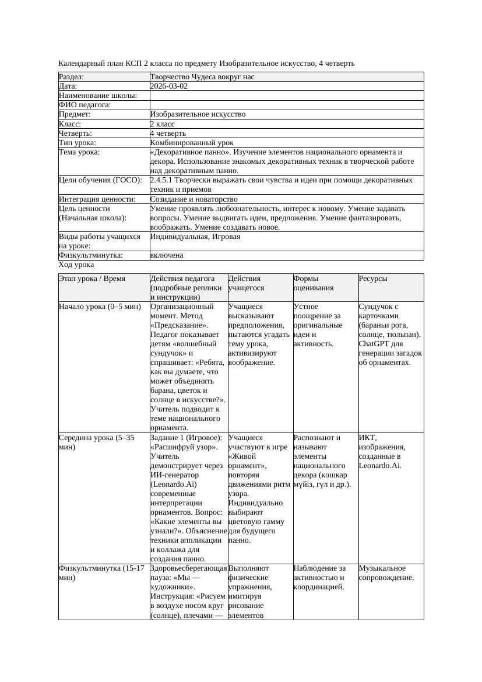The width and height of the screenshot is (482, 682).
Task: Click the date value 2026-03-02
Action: click(168, 86)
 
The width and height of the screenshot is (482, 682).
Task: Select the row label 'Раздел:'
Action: click(72, 77)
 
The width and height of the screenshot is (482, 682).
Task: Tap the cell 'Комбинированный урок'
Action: click(192, 143)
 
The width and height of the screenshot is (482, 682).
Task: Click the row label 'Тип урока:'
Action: click(78, 143)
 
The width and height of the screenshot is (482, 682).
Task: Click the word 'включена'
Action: click(167, 255)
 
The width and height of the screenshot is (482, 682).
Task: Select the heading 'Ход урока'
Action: click(76, 265)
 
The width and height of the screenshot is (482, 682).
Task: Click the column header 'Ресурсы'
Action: click(373, 279)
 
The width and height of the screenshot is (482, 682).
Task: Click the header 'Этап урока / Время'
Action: click(92, 279)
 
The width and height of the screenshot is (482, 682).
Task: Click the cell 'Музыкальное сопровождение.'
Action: click(386, 573)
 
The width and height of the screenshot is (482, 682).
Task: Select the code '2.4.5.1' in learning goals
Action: click(162, 180)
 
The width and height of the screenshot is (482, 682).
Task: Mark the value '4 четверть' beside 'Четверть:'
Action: click(168, 133)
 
